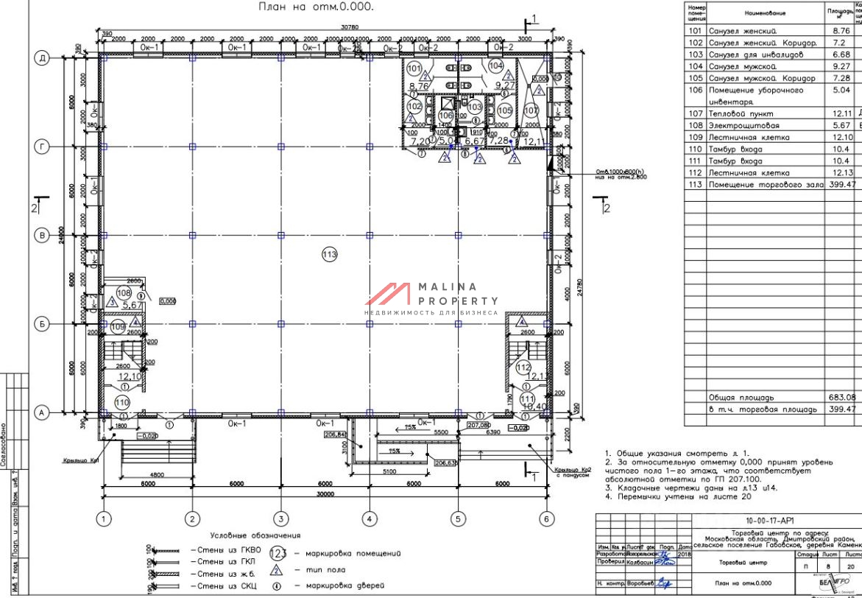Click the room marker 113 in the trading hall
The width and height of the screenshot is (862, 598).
[x=329, y=255]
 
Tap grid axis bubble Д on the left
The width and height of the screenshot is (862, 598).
[x=43, y=58]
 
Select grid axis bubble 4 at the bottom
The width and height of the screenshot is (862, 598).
[x=369, y=519]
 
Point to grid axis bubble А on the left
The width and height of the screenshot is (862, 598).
[x=43, y=413]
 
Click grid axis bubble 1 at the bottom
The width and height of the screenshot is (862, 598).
[x=104, y=519]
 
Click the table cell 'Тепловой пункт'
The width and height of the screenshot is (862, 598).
[x=735, y=113]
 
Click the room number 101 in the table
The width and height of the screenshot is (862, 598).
[x=695, y=31]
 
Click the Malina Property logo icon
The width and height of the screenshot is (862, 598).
[x=387, y=295]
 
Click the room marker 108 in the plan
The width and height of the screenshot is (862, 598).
[x=124, y=292]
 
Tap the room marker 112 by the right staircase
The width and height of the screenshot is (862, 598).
[x=523, y=367]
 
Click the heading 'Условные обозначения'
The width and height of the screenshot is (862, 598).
[x=255, y=535]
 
